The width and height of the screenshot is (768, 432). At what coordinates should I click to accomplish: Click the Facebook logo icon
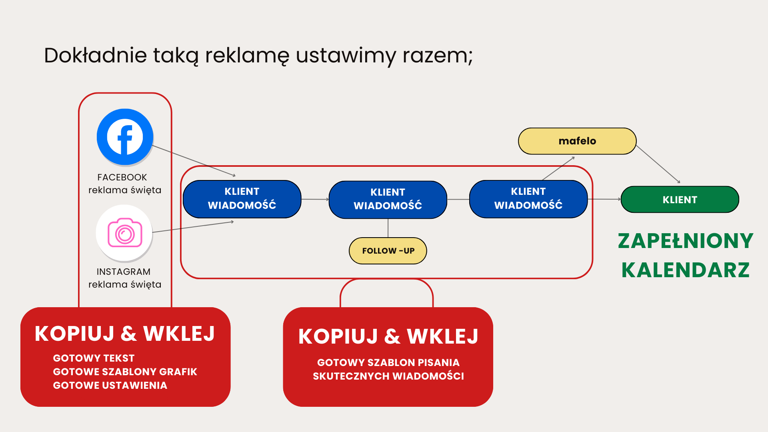coord(125,137)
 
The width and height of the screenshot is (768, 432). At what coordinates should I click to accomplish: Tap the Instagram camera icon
coord(125,233)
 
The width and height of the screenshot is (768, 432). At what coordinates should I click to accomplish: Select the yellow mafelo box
coord(577,141)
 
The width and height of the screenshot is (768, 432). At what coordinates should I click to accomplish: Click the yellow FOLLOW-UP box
coord(388,251)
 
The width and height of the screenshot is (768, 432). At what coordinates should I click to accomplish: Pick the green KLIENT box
coord(680,199)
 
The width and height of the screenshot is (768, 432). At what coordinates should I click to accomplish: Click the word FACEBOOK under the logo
coord(122,177)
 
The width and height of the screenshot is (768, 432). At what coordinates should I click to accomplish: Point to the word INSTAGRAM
coord(124,272)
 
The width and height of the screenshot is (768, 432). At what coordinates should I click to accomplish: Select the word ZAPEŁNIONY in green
coord(685,241)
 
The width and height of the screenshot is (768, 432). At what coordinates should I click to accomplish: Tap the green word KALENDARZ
coord(685,270)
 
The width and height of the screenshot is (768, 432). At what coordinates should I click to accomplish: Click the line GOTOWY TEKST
coord(94,358)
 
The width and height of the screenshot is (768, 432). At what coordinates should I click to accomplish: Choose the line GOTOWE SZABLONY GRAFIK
coord(125,372)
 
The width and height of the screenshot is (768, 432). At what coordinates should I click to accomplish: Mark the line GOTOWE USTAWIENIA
coord(110,385)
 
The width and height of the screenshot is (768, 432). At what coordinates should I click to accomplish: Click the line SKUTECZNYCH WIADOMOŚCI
coord(388,376)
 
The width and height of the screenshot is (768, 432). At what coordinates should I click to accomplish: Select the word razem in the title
coord(437,55)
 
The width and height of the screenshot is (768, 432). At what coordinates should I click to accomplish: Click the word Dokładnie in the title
coord(95,55)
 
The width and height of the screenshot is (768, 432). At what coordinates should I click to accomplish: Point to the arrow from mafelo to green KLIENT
coord(658,164)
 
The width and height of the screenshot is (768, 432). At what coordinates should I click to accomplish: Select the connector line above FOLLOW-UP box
coord(388,228)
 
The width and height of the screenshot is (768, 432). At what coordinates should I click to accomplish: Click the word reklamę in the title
coord(247,55)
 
